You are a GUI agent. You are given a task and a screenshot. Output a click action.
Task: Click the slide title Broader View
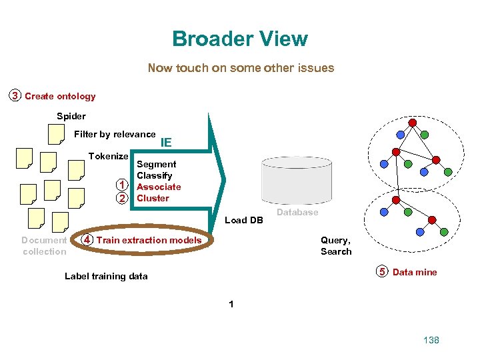coord(240,39)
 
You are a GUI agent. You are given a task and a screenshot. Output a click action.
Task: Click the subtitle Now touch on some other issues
coord(241,67)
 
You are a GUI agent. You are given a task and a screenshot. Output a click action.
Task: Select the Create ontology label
coord(60,96)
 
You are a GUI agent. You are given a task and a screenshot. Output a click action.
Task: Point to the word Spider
coord(71,116)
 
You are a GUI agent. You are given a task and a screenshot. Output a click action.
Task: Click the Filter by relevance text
coord(115,134)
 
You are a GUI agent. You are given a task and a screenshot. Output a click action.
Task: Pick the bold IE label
coord(166,142)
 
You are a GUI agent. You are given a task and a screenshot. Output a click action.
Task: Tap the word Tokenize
coord(108,156)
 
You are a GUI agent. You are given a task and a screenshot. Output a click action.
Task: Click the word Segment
coord(156,164)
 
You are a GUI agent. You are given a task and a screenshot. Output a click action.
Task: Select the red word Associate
coord(159,187)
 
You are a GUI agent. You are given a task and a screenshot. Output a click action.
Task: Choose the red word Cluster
coord(153,198)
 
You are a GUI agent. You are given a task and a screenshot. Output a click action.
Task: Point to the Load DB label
coord(244,220)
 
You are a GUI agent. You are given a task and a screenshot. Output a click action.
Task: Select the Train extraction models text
coord(149,240)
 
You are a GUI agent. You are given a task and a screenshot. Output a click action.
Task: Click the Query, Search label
coord(336,245)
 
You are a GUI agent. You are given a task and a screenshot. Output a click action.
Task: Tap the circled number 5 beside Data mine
coord(382,271)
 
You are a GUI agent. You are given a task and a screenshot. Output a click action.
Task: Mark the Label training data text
coord(106,276)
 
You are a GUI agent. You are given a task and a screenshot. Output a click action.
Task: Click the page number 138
coord(431,340)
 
